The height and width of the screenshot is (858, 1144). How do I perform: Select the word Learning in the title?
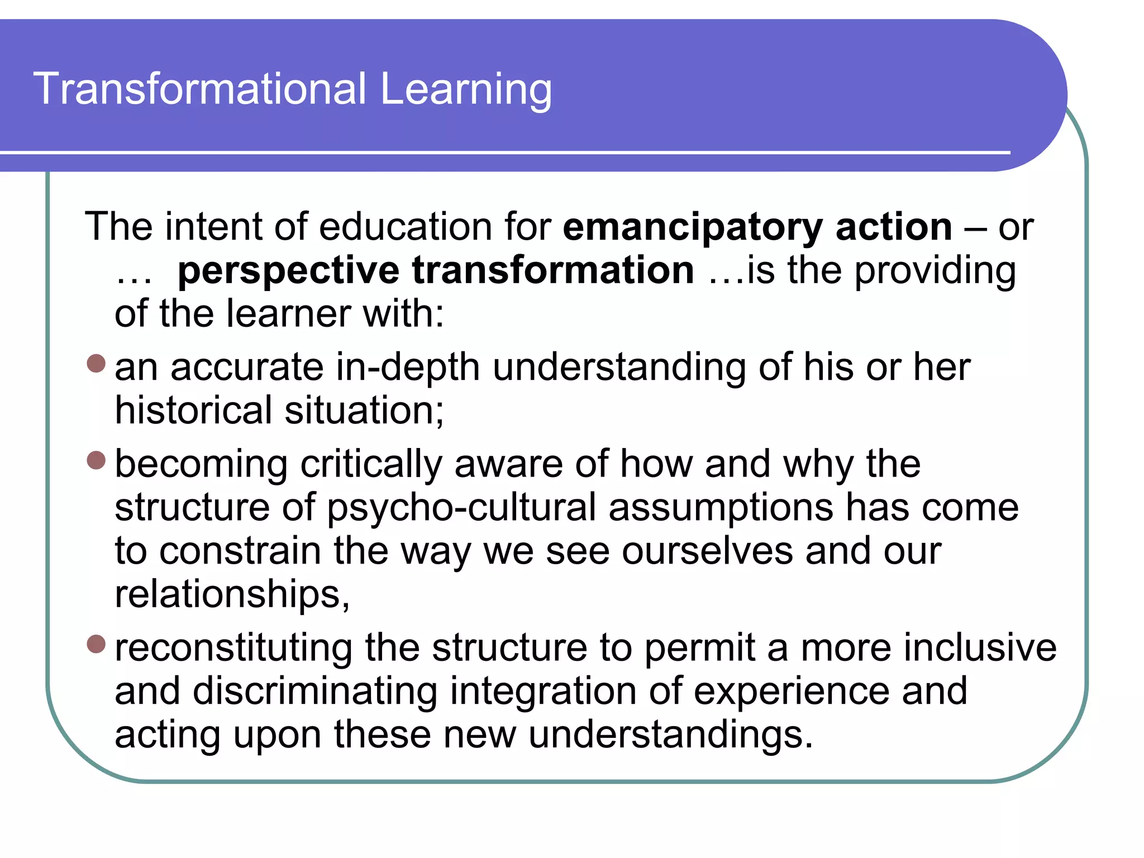[x=466, y=89]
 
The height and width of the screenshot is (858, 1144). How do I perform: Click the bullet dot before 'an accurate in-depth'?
[x=97, y=364]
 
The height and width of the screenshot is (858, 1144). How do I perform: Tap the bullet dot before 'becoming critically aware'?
[x=97, y=460]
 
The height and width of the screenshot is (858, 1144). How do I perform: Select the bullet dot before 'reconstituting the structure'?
[x=97, y=644]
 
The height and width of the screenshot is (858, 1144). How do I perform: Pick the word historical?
[x=193, y=410]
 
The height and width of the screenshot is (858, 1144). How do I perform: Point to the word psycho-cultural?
[x=461, y=508]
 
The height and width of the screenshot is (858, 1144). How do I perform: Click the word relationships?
[x=231, y=594]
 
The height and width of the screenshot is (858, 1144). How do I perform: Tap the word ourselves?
[x=707, y=551]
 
